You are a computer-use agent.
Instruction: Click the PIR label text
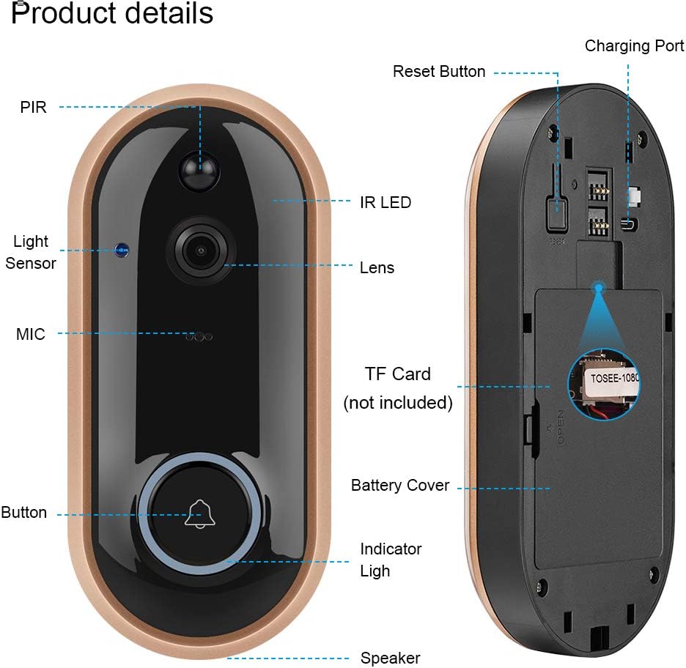33,108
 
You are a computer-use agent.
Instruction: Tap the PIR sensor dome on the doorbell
199,171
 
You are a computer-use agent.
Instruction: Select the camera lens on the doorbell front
199,250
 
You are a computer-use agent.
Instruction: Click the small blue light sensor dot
120,250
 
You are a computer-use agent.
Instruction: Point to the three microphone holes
199,336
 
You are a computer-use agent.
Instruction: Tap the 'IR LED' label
385,202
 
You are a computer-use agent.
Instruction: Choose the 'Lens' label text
377,268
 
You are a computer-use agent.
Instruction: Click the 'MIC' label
31,335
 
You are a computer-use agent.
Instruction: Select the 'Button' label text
23,513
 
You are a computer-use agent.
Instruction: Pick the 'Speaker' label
390,658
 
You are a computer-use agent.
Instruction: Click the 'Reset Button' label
439,72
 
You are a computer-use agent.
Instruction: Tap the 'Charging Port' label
634,46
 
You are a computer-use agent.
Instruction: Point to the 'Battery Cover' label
400,486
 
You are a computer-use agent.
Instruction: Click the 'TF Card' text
398,374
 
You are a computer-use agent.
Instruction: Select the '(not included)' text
398,403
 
